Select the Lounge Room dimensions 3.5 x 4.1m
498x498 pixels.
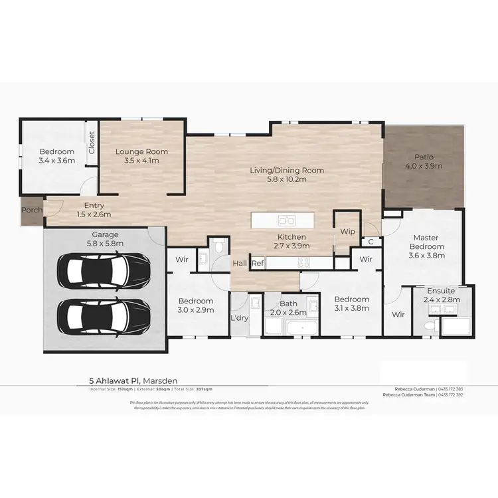pos(141,161)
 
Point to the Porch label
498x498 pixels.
pos(32,210)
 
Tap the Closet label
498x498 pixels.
pos(92,142)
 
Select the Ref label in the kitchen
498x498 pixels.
pos(258,264)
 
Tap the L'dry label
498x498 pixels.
pos(239,317)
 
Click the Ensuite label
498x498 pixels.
pos(442,290)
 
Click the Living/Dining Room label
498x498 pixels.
pos(287,170)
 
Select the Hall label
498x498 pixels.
pos(240,264)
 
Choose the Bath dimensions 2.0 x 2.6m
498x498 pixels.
pos(292,312)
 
